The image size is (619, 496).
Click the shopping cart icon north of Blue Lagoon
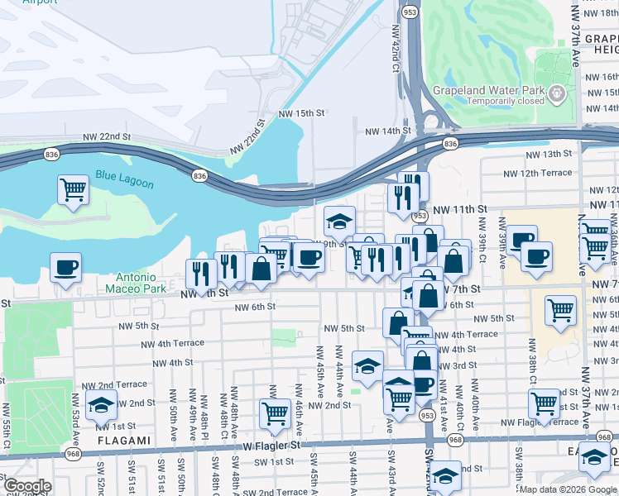click(73, 188)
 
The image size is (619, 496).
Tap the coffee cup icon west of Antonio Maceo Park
click(65, 268)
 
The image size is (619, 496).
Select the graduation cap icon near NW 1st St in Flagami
click(101, 406)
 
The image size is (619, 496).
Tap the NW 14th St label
click(389, 131)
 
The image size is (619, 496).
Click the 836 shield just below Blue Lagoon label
click(199, 175)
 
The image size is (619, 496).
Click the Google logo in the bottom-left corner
click(27, 487)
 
